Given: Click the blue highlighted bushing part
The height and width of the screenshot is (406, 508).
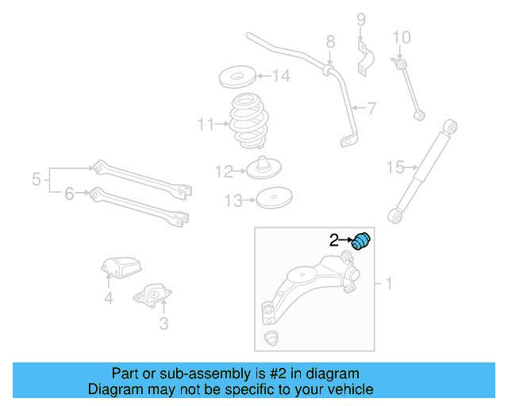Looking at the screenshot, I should tap(362, 239).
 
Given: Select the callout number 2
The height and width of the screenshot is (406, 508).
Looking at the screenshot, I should tap(334, 239).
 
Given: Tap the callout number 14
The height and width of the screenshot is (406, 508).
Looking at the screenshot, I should tap(281, 76).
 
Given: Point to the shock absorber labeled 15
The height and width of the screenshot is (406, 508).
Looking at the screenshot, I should tap(422, 169).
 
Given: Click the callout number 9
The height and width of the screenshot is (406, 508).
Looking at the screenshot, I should tap(360, 19).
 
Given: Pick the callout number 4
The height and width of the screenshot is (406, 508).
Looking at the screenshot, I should tap(108, 298).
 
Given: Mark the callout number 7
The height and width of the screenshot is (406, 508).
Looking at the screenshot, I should tap(370, 108).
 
